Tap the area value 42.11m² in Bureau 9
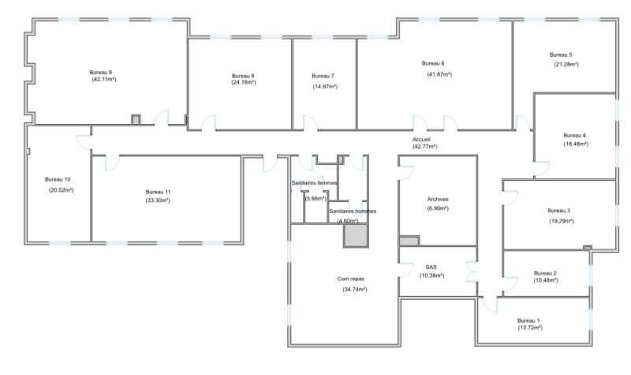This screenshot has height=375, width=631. [x=103, y=80]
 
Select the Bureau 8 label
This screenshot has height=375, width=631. [x=243, y=75]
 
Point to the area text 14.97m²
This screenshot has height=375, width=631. [x=325, y=86]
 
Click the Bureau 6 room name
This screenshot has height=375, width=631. [x=433, y=63]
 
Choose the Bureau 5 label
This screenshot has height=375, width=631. [x=561, y=54]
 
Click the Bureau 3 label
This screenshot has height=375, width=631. [x=558, y=211]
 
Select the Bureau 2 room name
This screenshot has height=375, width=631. [x=545, y=272]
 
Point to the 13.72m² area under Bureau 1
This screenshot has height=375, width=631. [x=529, y=328]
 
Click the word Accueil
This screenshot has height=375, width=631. [x=421, y=138]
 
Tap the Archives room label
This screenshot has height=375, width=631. [x=438, y=199]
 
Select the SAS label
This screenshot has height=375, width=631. [x=431, y=268]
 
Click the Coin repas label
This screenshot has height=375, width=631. [x=350, y=279]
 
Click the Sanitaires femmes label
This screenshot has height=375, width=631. [x=315, y=183]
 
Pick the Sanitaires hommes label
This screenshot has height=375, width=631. [x=353, y=212]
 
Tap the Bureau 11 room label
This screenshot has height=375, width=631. [x=158, y=192]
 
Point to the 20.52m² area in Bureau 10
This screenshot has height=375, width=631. [x=61, y=190]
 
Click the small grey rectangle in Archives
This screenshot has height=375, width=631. [x=409, y=241]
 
